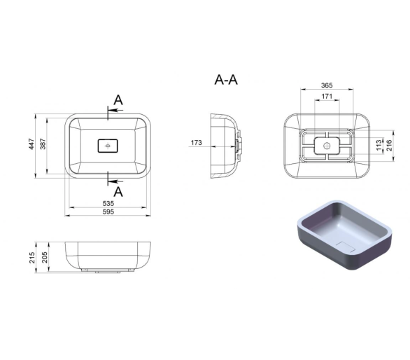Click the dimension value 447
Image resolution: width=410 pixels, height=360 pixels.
(x=31, y=144)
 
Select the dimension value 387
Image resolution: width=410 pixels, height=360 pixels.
(x=43, y=144)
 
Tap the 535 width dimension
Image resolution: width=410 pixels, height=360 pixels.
(x=108, y=203)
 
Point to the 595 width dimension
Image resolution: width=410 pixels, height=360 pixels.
(x=108, y=212)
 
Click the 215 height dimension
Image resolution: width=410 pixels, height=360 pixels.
(x=31, y=258)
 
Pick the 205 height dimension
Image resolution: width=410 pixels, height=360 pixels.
(x=45, y=257)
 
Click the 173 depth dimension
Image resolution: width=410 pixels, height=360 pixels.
(x=196, y=143)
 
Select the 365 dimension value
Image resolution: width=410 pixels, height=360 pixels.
(x=327, y=85)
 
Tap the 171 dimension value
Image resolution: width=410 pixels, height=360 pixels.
(x=327, y=97)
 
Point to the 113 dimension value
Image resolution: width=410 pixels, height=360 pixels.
(x=379, y=145)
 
